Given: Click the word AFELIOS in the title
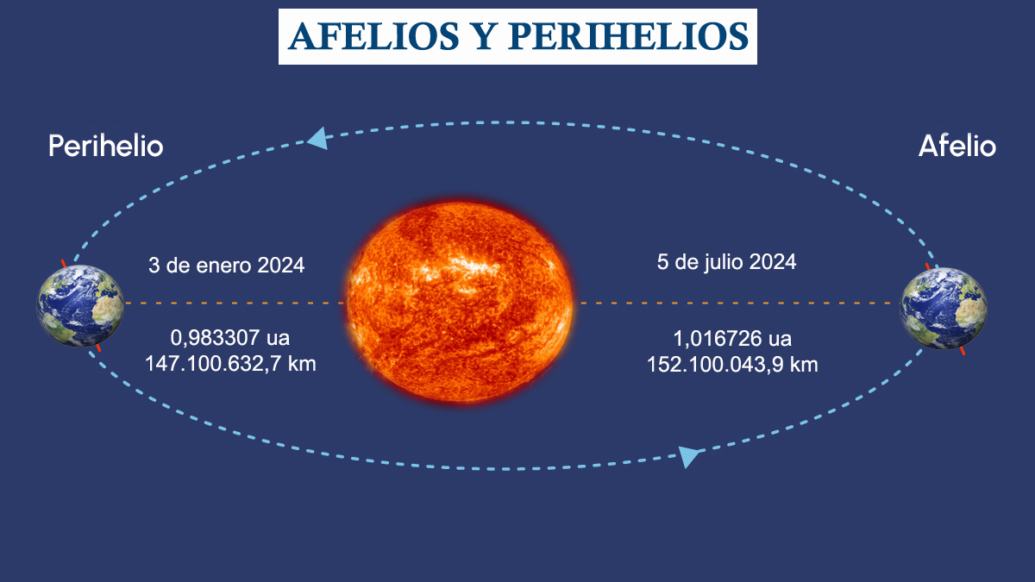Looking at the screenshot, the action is (x=373, y=36).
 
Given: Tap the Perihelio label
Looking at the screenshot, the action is (x=106, y=146).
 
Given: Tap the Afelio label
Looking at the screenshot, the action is (x=957, y=146).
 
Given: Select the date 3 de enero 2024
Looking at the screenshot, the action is (x=226, y=266).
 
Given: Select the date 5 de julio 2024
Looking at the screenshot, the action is (x=727, y=262).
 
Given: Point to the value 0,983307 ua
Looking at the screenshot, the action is (x=230, y=338).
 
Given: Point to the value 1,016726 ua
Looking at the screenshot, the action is (x=732, y=339).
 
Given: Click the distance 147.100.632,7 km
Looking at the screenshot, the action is (x=230, y=364).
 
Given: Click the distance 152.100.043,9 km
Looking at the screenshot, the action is (x=732, y=365).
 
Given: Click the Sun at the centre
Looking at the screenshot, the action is (x=459, y=303).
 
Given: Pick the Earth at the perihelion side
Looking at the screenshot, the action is (x=80, y=305).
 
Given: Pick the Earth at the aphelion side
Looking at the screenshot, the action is (x=943, y=308).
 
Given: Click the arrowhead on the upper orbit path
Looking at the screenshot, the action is (x=318, y=138).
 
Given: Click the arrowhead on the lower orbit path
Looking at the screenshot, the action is (x=688, y=456).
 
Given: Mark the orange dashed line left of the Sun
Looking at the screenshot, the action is (x=235, y=303).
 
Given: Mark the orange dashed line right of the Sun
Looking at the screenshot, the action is (x=737, y=303).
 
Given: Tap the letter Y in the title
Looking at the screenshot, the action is (x=483, y=36).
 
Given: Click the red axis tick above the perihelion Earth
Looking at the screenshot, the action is (x=64, y=263).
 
